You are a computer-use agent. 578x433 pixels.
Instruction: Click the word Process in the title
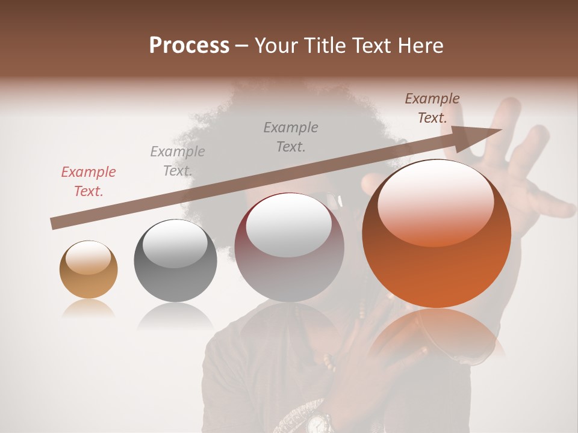189,46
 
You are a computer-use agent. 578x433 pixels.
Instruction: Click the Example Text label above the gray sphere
178,161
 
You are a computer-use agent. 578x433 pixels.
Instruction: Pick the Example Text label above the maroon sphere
291,137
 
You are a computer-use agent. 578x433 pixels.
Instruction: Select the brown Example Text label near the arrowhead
432,108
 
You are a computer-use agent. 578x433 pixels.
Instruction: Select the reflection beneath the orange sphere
437,337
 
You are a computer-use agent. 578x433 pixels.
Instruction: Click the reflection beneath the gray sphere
175,316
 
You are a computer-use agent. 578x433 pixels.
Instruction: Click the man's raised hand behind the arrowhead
530,174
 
